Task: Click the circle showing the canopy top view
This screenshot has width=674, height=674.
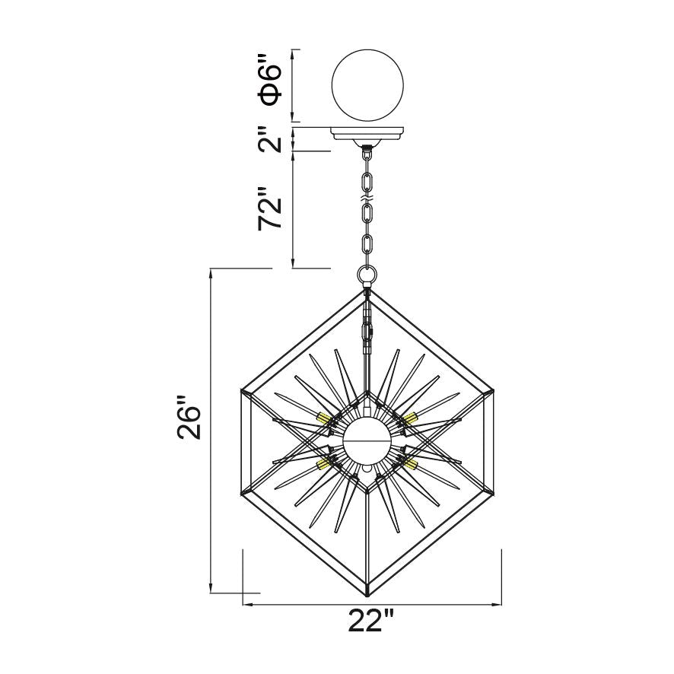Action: pyautogui.click(x=369, y=84)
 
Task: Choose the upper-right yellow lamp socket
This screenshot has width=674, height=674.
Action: pyautogui.click(x=412, y=418)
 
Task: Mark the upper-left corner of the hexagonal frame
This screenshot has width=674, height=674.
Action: pyautogui.click(x=242, y=392)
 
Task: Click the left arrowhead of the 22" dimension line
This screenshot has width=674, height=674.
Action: pyautogui.click(x=245, y=606)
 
